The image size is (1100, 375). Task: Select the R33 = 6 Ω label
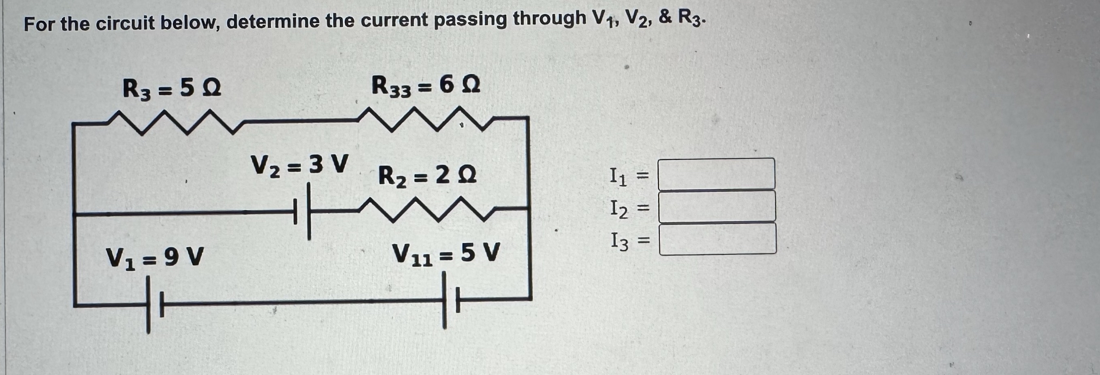click(425, 86)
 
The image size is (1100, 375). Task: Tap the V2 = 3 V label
click(299, 165)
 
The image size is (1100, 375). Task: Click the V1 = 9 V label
click(155, 257)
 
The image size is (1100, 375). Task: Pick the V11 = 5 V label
click(446, 254)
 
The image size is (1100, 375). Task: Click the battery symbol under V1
click(154, 304)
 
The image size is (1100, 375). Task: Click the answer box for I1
click(716, 174)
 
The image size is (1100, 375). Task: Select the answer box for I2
click(716, 207)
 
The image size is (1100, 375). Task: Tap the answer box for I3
click(717, 239)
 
